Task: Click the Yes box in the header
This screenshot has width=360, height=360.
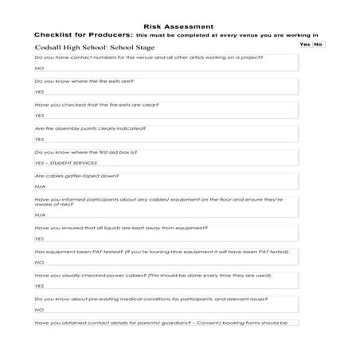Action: coord(304,45)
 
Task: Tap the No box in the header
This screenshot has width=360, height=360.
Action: coord(319,45)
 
